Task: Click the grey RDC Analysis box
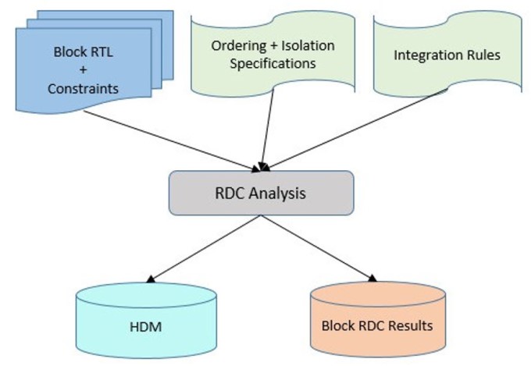click(261, 193)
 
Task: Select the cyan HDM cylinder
click(146, 320)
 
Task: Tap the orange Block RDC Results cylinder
click(378, 319)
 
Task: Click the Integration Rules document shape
click(447, 54)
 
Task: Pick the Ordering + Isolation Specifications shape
click(273, 54)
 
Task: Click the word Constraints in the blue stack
click(83, 89)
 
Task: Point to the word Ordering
click(238, 46)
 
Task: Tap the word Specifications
click(273, 64)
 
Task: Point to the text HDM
click(145, 327)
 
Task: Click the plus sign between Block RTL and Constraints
click(83, 70)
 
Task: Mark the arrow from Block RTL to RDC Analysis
click(172, 141)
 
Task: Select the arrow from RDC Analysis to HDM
click(204, 249)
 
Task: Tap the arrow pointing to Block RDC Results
click(319, 248)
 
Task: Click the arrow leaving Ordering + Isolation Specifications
click(268, 130)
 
